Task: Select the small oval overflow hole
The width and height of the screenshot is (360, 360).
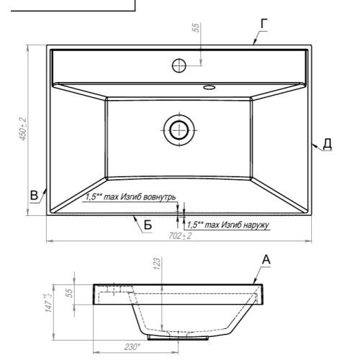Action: point(209,87)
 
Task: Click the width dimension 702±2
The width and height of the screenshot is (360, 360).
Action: point(180,236)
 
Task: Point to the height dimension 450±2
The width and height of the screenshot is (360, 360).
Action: point(23,129)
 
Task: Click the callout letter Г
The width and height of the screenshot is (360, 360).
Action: point(264,24)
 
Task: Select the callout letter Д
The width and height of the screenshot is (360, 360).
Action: point(327,143)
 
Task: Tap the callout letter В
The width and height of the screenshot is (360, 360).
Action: point(34,195)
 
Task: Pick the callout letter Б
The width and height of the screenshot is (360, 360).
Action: point(148,225)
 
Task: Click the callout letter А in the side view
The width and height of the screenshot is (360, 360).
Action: point(266,260)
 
